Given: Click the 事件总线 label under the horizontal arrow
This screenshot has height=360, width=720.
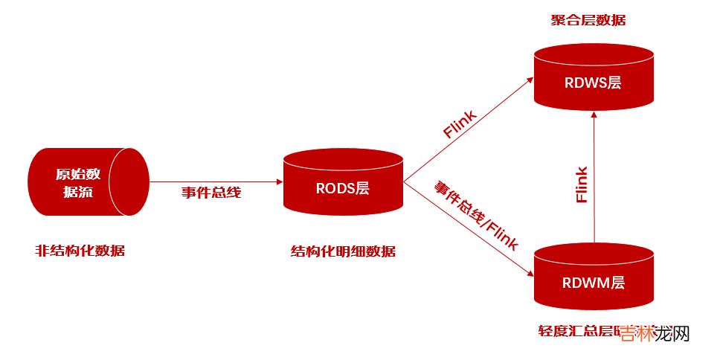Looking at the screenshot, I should pyautogui.click(x=211, y=193).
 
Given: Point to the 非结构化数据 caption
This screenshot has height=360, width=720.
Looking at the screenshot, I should pyautogui.click(x=80, y=251).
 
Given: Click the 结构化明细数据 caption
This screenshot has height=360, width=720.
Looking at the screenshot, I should pyautogui.click(x=343, y=251).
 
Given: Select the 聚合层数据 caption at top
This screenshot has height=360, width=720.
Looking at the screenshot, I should pyautogui.click(x=588, y=20).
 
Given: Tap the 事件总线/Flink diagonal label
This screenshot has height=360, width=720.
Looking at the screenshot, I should pyautogui.click(x=476, y=216).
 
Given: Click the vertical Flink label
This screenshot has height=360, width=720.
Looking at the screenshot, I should pyautogui.click(x=582, y=184).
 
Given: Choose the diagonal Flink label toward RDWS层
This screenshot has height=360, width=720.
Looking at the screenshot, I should pyautogui.click(x=460, y=123).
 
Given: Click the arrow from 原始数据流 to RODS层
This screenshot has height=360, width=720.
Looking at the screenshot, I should pyautogui.click(x=216, y=181).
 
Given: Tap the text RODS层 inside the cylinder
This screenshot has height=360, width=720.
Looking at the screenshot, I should pyautogui.click(x=343, y=188).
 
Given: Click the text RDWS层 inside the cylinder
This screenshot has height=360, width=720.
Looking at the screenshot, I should pyautogui.click(x=593, y=83).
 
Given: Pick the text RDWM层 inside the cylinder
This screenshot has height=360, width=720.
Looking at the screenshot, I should pyautogui.click(x=593, y=283).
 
